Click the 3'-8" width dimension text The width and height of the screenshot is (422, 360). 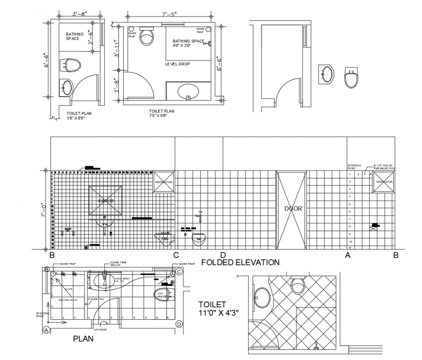tap(80, 14)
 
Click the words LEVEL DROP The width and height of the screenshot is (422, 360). tap(177, 64)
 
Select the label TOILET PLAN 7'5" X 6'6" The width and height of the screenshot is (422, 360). tap(162, 113)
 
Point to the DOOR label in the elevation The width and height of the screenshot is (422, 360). tap(293, 209)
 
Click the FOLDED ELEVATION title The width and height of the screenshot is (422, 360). tap(240, 263)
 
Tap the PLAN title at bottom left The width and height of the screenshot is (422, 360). tap(83, 339)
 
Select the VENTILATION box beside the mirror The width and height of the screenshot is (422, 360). tap(163, 182)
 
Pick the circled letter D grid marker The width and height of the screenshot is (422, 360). tap(179, 324)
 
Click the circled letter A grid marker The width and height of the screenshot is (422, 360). tap(47, 330)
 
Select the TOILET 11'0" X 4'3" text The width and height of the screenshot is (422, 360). tap(218, 308)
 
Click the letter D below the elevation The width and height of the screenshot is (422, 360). tap(223, 255)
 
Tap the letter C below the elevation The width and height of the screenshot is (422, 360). tap(176, 255)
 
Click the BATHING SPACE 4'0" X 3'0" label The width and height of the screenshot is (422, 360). tap(188, 44)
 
